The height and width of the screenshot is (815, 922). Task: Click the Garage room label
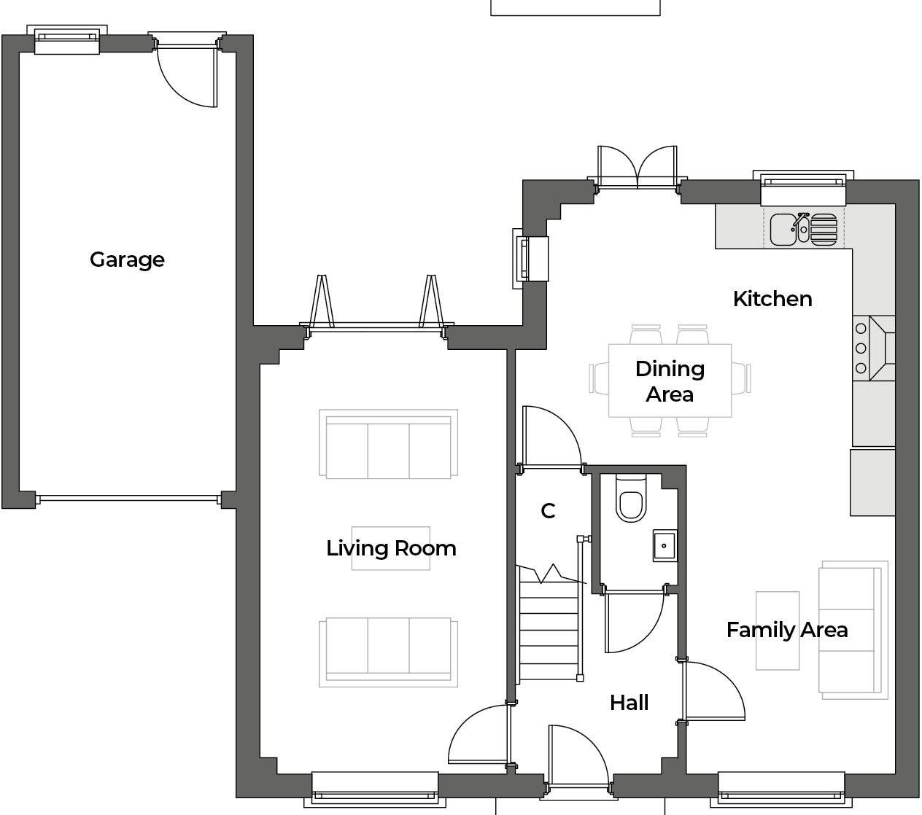pos(127,260)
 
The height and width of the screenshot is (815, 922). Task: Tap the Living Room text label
pos(391,548)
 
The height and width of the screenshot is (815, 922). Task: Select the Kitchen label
pos(772,299)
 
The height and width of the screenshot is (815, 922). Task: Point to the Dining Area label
pos(670,381)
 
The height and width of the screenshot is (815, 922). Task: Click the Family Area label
pos(787,630)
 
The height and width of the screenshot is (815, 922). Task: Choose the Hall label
pos(629,703)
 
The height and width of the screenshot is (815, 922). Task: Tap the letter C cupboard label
pos(548,511)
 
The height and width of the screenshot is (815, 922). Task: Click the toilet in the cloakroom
pos(629,500)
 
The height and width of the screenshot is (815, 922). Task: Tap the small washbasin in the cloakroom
pos(665,545)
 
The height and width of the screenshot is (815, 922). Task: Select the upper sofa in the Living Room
pos(388,444)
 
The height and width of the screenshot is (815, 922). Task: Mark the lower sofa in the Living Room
pos(388,652)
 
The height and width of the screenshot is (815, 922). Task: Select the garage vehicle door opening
pos(128,500)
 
